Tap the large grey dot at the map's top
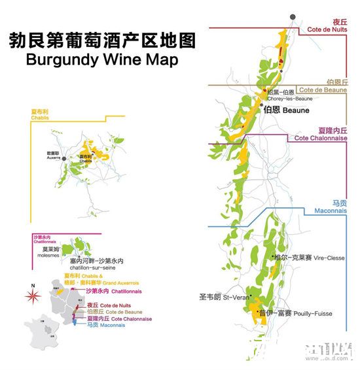pos(292,16)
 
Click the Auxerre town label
pos(52,156)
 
